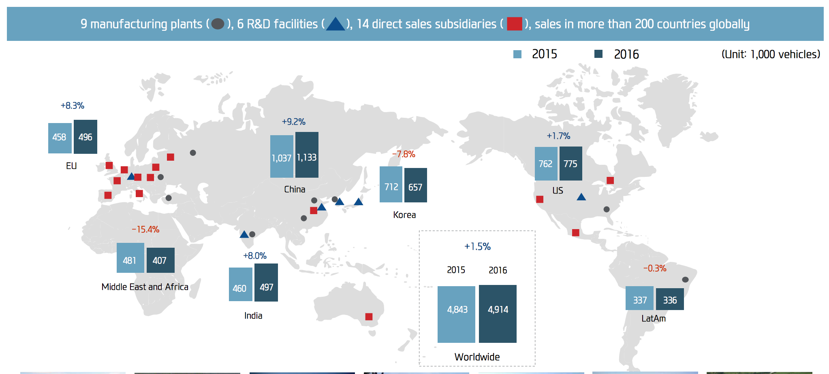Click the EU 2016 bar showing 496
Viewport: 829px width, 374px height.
85,137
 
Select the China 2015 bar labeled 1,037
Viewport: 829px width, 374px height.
282,157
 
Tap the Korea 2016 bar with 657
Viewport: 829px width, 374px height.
415,185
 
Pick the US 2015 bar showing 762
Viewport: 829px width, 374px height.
546,164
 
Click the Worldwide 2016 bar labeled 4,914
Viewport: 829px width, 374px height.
498,314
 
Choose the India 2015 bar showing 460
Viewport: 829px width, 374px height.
240,285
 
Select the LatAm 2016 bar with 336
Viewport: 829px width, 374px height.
670,299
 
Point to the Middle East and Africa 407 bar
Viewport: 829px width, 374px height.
160,260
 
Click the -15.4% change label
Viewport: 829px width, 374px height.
145,229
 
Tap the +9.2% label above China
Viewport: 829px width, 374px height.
293,121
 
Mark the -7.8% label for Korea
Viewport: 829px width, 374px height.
403,154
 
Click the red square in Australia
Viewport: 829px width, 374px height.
369,317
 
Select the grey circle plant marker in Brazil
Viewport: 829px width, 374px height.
685,279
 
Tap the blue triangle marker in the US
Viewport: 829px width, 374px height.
581,197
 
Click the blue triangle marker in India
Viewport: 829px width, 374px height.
244,234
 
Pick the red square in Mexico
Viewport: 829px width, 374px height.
575,232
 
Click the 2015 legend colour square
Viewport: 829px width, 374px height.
517,54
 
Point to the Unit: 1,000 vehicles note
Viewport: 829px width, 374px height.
770,54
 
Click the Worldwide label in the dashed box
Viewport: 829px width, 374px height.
477,357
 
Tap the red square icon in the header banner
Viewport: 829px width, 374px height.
514,24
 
